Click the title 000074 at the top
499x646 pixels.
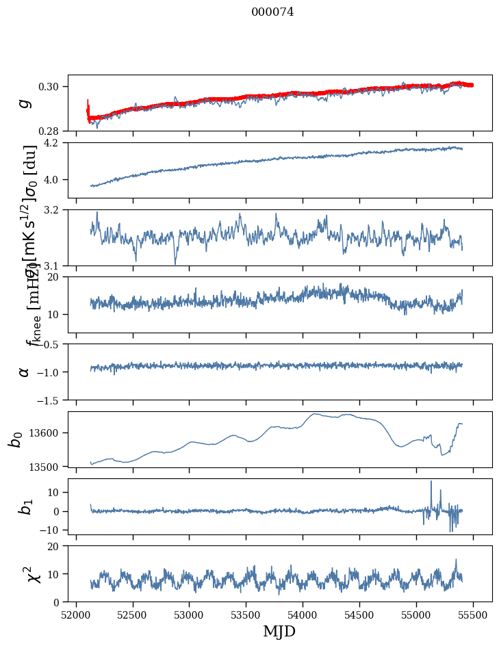[x=272, y=12]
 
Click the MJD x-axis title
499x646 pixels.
[x=280, y=632]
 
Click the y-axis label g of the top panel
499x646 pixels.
[x=25, y=103]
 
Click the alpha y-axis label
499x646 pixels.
[x=25, y=372]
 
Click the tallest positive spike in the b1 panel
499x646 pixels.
[x=431, y=482]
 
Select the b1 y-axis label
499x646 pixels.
[x=25, y=506]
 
